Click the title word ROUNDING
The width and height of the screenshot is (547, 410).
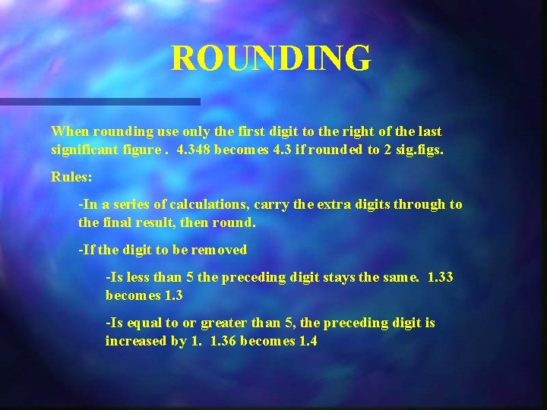271,58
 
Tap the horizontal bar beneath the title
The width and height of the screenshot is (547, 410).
100,101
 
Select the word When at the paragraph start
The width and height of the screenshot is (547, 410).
68,132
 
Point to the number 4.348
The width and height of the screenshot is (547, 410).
193,150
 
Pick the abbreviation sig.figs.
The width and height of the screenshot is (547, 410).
417,150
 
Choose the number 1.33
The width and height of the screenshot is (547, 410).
441,277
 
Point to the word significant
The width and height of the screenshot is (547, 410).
82,150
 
